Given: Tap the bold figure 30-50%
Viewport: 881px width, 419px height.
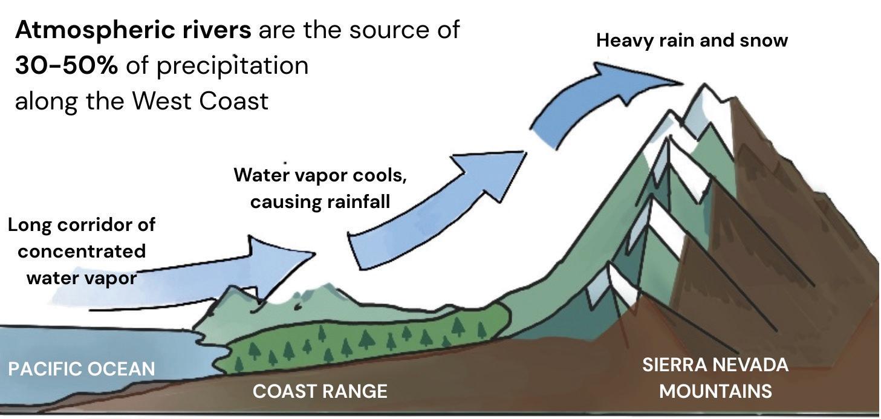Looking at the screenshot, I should tap(67, 65).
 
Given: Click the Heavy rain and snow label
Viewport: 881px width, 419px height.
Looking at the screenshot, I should tap(692, 41).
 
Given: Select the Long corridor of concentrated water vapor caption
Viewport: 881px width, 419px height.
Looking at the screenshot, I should tap(82, 251).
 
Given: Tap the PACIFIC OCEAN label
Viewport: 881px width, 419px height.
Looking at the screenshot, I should tap(82, 368).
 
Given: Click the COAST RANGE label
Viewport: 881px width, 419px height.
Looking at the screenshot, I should tap(320, 391).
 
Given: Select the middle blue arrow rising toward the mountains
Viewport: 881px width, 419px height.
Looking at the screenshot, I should tap(435, 206).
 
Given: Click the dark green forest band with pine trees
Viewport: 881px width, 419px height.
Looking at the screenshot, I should tap(363, 339).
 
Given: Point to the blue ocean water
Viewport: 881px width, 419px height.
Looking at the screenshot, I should tap(91, 345).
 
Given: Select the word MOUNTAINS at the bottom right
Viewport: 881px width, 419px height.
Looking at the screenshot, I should tap(715, 391).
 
